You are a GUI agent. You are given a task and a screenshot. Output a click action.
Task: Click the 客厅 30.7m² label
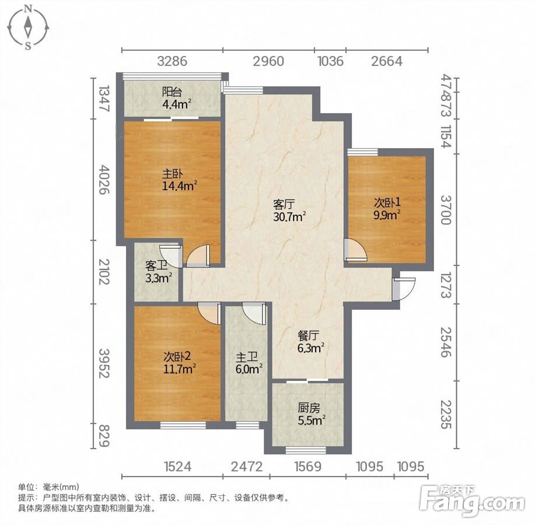pyautogui.click(x=289, y=211)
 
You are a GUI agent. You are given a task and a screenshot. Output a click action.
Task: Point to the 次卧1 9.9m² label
pyautogui.click(x=387, y=209)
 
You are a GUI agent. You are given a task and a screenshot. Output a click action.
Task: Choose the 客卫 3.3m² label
pyautogui.click(x=158, y=272)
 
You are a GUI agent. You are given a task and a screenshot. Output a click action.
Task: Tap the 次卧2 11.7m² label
pyautogui.click(x=180, y=363)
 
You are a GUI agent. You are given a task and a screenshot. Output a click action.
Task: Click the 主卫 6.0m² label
pyautogui.click(x=249, y=363)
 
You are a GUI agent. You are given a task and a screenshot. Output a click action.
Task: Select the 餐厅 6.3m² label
pyautogui.click(x=310, y=342)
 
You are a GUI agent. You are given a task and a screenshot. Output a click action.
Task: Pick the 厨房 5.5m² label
pyautogui.click(x=311, y=414)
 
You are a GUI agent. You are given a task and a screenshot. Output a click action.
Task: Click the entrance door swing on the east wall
pyautogui.click(x=404, y=289)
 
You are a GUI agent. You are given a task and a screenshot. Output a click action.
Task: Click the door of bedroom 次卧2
pyautogui.click(x=209, y=314)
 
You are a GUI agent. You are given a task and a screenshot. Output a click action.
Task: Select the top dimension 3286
pyautogui.click(x=172, y=61)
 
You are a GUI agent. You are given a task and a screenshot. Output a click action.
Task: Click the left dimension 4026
pyautogui.click(x=104, y=180)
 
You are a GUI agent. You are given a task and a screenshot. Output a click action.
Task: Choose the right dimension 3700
pyautogui.click(x=446, y=210)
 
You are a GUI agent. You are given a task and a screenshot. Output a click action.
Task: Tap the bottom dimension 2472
pyautogui.click(x=247, y=466)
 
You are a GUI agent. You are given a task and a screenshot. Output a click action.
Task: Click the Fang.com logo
pyautogui.click(x=473, y=500)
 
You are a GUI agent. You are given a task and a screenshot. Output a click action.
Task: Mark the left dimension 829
pyautogui.click(x=104, y=435)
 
